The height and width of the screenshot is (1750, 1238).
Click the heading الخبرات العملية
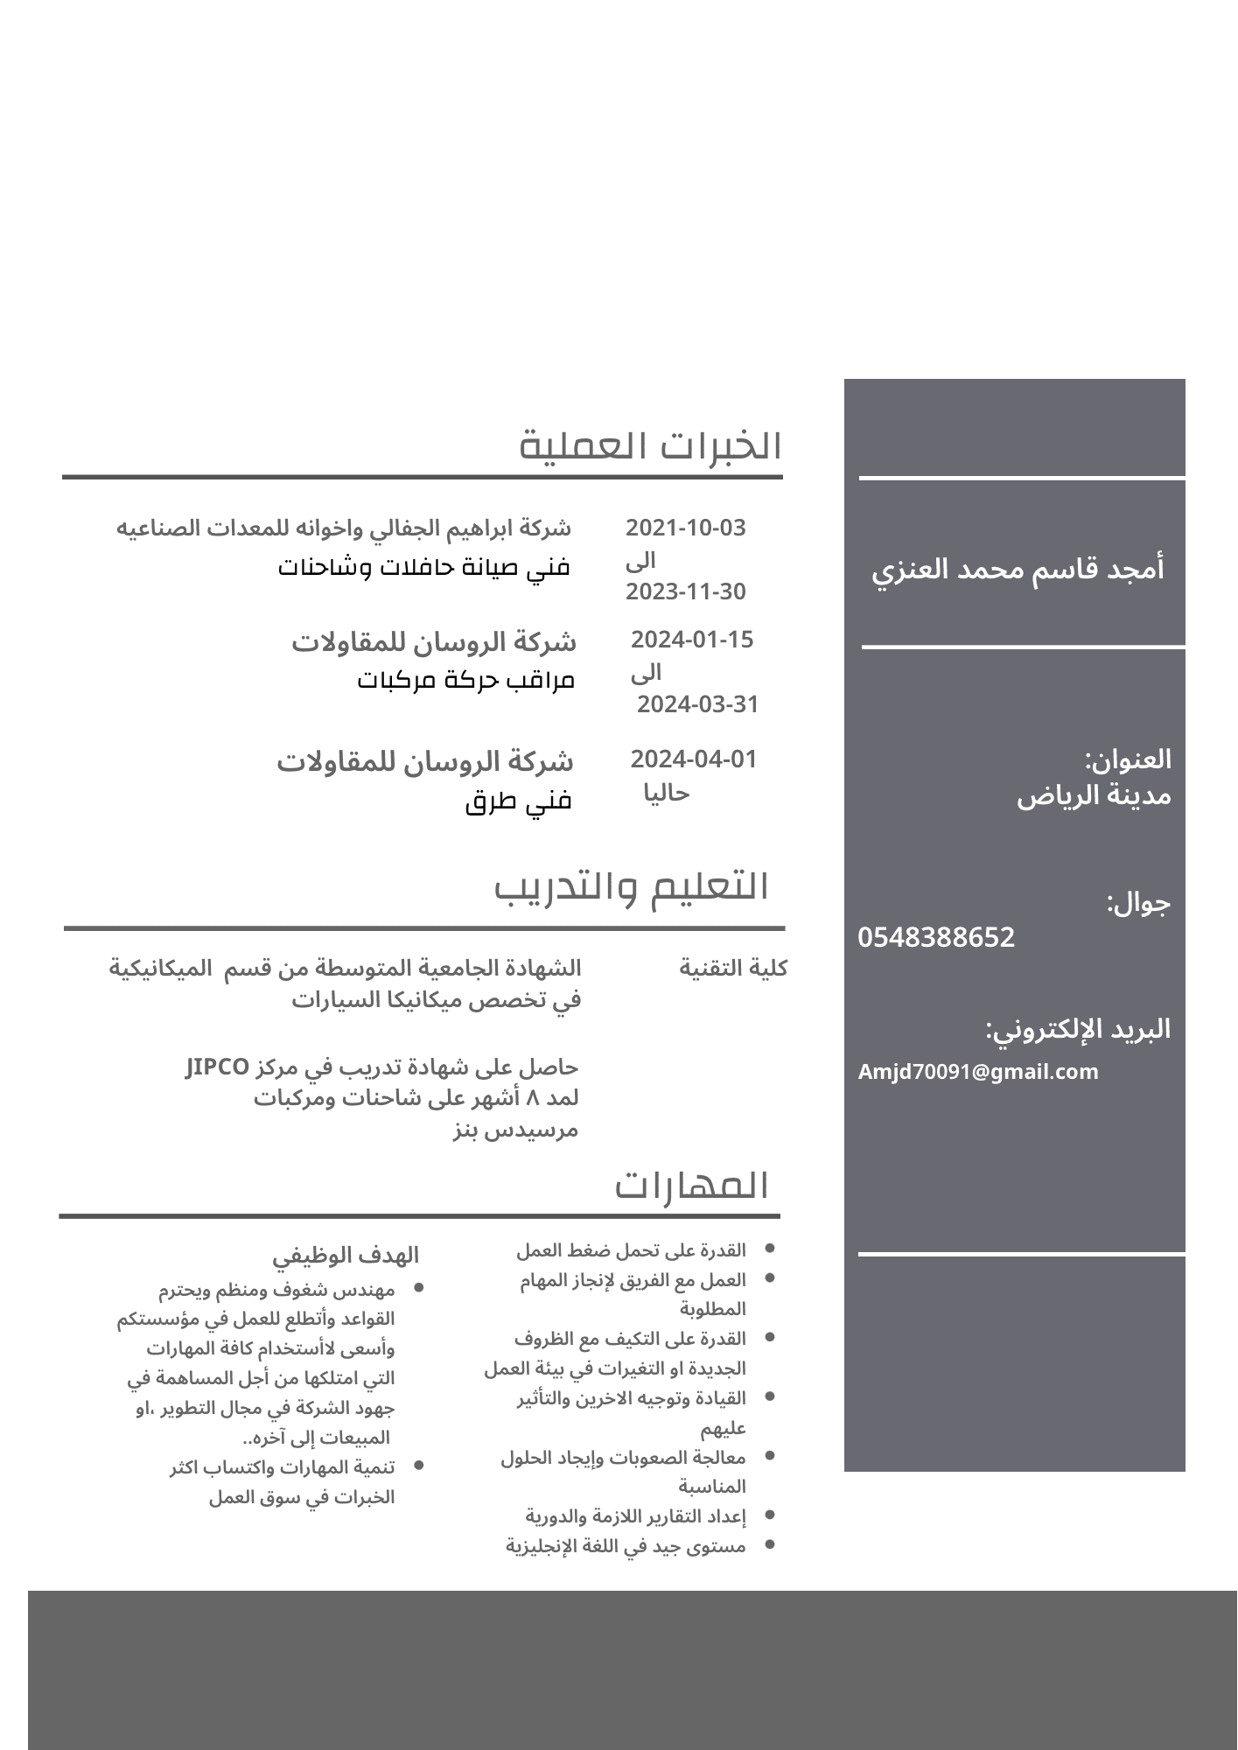click(650, 446)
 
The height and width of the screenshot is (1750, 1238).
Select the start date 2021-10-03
click(685, 528)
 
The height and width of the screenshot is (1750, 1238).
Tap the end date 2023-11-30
click(685, 591)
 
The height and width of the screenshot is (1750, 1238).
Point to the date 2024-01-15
click(692, 640)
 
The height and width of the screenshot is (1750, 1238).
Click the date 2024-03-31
click(697, 704)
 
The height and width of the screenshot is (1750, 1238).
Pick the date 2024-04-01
click(693, 759)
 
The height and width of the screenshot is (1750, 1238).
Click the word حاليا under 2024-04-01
click(667, 793)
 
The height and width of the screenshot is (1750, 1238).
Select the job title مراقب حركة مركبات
click(465, 680)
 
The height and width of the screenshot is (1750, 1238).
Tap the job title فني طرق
click(518, 801)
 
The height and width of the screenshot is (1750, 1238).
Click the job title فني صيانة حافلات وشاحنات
click(424, 567)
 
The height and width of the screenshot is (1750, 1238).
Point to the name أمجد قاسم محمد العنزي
click(1018, 570)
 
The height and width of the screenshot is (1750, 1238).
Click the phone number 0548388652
click(936, 937)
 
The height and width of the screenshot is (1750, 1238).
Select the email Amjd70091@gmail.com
click(978, 1072)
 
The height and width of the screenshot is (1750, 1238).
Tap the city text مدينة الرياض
click(1094, 796)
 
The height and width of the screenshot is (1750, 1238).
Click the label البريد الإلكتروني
click(1078, 1029)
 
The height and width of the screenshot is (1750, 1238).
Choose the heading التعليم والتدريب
click(632, 887)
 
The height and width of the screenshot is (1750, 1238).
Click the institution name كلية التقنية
click(733, 968)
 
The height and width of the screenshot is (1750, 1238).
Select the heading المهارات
click(691, 1186)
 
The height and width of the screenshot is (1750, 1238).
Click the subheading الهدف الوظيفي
click(346, 1256)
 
